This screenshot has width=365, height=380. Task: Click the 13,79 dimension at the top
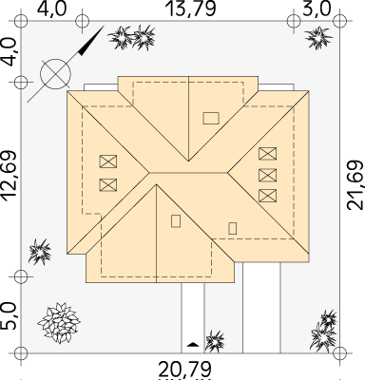tap(190, 9)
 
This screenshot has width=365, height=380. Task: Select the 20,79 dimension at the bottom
tap(184, 370)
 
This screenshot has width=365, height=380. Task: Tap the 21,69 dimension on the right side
tap(355, 185)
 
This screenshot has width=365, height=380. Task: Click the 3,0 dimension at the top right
tap(317, 9)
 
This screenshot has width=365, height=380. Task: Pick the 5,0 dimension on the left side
tap(9, 316)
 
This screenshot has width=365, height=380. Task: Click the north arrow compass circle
tap(56, 73)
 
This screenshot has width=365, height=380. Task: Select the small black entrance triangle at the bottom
tap(193, 344)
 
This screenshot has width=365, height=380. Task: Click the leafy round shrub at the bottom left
tap(59, 323)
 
